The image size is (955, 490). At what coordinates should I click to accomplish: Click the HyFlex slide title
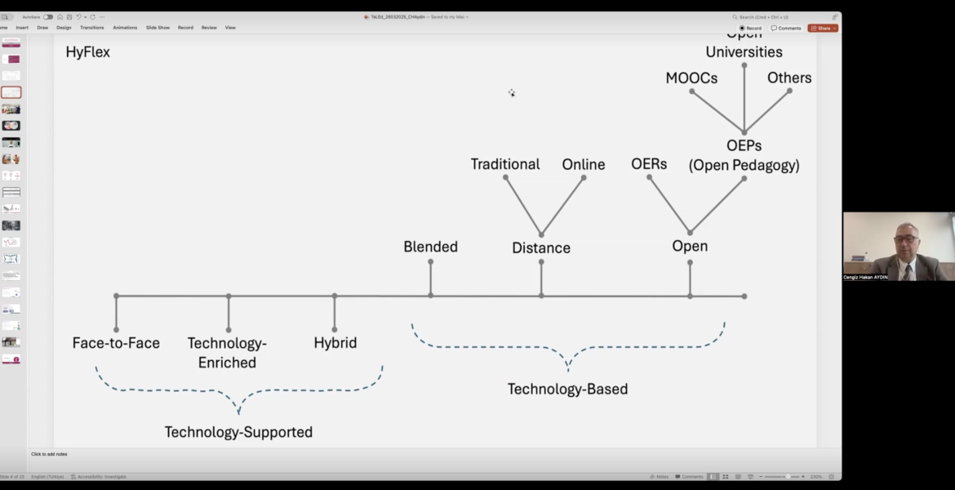[87, 52]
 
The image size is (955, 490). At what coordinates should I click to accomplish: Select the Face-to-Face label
[116, 343]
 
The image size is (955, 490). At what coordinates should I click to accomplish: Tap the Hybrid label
[335, 343]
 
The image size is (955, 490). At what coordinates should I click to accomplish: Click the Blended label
[430, 247]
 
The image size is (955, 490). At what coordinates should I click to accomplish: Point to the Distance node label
[541, 248]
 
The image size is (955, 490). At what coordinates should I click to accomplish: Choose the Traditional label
[505, 164]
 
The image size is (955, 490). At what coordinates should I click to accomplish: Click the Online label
[584, 165]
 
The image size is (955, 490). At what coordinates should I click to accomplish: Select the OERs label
[649, 164]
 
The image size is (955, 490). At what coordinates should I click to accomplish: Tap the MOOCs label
[691, 78]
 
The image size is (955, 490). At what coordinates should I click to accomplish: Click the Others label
[789, 78]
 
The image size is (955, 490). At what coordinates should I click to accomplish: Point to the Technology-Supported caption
[238, 432]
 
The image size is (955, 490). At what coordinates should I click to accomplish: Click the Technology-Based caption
[567, 390]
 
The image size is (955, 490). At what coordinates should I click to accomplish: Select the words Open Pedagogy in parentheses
[744, 166]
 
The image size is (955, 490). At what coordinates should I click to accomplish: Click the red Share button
[823, 28]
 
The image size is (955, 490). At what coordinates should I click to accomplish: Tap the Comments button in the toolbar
[786, 28]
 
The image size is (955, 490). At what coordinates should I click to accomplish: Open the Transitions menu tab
[91, 28]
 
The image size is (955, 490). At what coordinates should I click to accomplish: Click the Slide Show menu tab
[158, 28]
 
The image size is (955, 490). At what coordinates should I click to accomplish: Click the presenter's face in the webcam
[905, 241]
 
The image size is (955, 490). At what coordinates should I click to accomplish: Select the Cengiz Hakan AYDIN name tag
[865, 278]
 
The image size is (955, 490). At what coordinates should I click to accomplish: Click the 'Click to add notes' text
[49, 454]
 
